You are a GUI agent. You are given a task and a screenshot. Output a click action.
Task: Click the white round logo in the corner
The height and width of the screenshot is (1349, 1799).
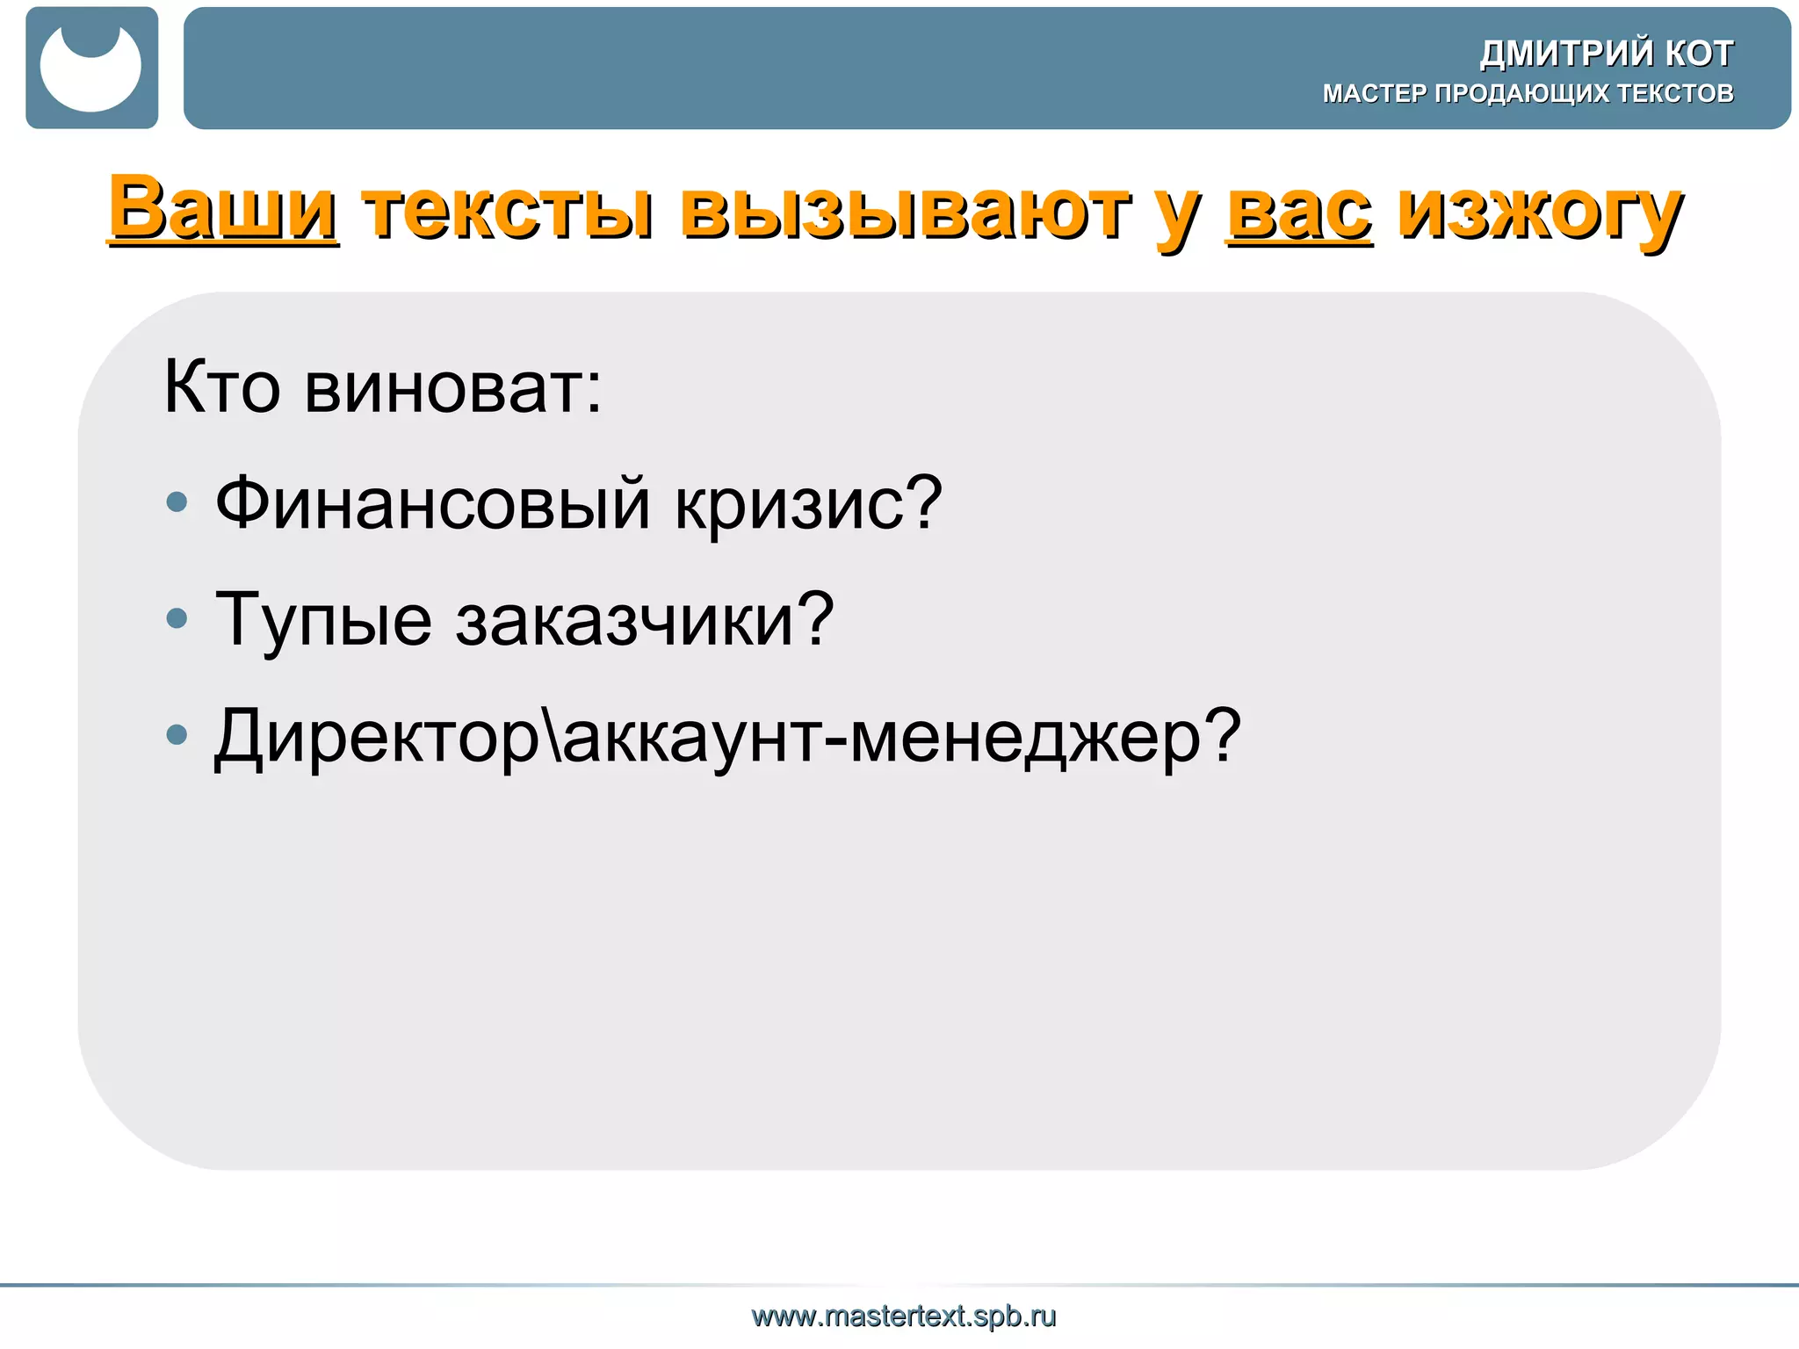point(91,69)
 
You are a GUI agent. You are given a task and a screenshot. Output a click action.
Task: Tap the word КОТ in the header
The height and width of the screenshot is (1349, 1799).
point(1700,54)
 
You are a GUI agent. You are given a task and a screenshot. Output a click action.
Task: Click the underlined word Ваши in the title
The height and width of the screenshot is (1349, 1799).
point(223,208)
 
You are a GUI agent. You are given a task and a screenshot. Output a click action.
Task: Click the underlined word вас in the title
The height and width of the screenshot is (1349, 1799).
point(1299,213)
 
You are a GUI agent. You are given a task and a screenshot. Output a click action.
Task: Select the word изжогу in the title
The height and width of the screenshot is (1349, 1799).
point(1540,213)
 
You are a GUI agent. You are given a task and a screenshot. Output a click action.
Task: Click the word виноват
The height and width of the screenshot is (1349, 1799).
point(453,387)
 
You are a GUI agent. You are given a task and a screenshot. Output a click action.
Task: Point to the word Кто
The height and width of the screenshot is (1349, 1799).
point(222,387)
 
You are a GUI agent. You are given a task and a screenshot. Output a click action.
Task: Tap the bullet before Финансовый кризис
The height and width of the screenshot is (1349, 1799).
point(177,502)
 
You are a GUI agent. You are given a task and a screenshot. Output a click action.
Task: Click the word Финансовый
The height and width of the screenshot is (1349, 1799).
point(433,503)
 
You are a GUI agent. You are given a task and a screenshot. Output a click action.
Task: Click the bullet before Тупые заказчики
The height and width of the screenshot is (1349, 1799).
point(177,618)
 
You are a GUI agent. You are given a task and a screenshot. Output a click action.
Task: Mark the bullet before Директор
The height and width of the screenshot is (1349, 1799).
point(177,734)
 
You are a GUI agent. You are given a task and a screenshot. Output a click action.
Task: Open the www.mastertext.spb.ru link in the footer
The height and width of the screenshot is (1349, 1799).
point(904,1316)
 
